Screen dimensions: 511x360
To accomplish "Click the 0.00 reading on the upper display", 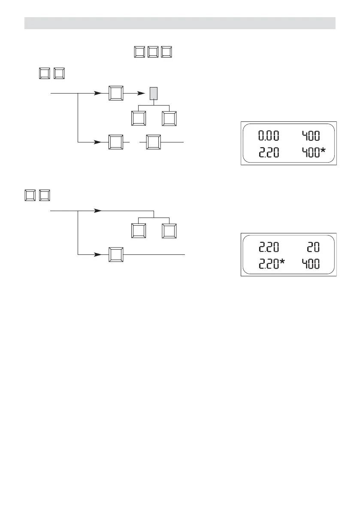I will (268, 136).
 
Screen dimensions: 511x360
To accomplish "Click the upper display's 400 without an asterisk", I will (311, 136).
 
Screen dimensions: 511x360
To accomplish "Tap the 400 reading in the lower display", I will (311, 263).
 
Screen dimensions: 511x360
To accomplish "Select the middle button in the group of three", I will (153, 52).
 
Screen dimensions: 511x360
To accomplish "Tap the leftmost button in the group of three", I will (139, 52).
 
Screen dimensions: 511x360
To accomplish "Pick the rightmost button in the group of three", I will (167, 52).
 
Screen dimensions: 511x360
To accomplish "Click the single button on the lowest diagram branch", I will (116, 254).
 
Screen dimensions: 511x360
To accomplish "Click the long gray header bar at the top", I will (180, 23).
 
